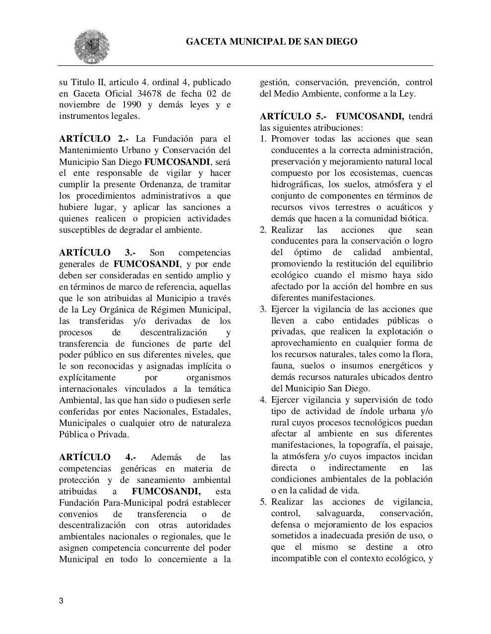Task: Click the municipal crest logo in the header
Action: [92, 47]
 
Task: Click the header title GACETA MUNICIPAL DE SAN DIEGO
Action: [271, 42]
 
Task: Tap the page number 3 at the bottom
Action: [61, 601]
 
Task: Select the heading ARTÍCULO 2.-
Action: [94, 139]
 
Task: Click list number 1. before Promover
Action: [263, 139]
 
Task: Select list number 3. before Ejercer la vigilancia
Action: [263, 310]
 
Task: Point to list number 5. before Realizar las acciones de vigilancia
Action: [263, 502]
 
